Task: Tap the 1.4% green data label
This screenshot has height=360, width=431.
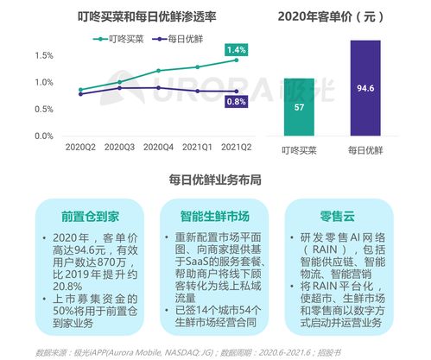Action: point(236,50)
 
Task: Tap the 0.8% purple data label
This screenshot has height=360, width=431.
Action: point(236,101)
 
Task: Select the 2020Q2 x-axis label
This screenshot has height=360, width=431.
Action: point(81,148)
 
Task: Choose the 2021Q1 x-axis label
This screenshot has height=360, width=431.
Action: point(196,148)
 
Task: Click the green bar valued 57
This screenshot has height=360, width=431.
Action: point(298,107)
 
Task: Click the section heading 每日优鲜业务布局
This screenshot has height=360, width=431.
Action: point(215,180)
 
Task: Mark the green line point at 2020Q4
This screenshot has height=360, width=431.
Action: point(158,71)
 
